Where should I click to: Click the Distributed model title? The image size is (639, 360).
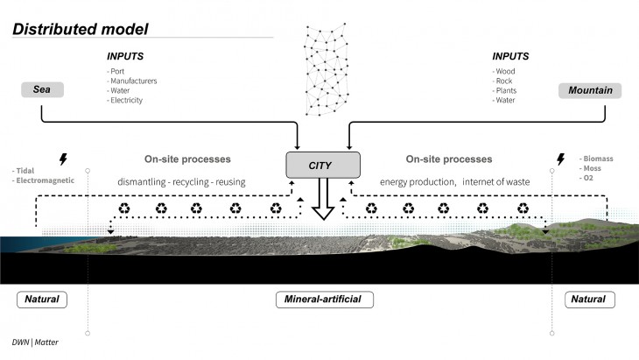81,29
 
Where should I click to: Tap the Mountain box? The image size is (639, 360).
590,90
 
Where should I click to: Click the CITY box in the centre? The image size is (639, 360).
322,164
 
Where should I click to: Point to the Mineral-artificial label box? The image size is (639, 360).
323,300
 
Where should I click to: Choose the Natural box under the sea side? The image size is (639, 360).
42,300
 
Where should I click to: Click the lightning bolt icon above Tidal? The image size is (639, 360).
61,160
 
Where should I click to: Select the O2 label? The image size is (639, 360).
588,180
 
